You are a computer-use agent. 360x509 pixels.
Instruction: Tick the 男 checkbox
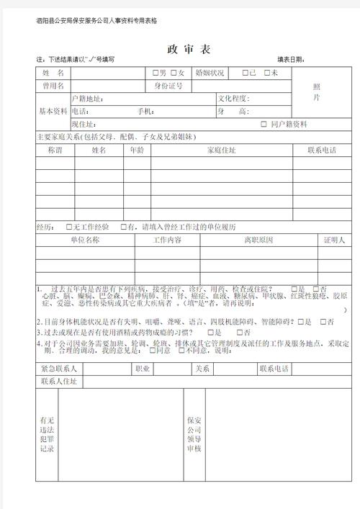(155, 73)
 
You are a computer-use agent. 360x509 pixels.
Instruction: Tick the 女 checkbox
(174, 73)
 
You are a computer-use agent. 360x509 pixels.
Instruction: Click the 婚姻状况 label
(208, 73)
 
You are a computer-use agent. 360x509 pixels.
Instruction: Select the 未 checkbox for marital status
(267, 73)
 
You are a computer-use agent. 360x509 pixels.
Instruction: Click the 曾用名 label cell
(53, 86)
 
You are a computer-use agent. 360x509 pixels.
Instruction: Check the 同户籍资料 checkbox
(264, 125)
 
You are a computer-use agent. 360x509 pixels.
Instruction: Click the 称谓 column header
(55, 150)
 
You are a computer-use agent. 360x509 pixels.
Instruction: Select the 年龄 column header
(136, 150)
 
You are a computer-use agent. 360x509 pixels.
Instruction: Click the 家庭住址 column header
(221, 150)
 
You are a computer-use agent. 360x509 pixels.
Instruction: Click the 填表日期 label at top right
(295, 60)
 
